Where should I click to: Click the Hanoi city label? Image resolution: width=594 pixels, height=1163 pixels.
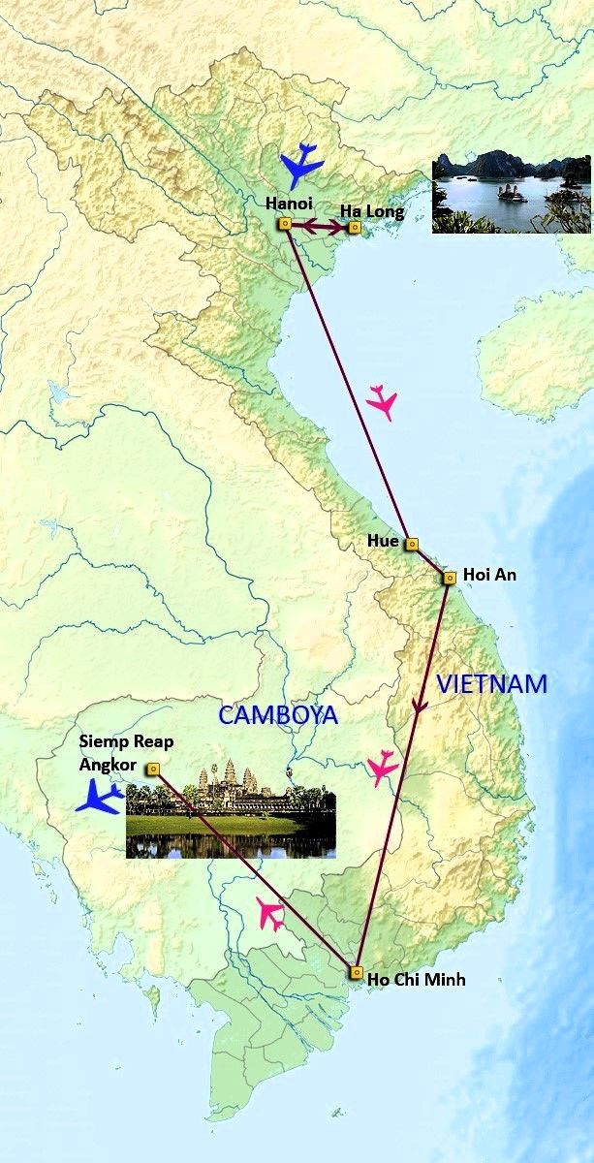tap(287, 204)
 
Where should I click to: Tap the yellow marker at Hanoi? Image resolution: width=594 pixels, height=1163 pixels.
tap(285, 224)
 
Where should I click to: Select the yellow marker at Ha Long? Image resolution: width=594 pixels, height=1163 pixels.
tap(355, 228)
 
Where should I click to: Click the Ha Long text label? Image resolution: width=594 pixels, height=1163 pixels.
tap(372, 210)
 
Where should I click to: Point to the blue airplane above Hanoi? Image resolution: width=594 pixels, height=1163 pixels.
tap(301, 166)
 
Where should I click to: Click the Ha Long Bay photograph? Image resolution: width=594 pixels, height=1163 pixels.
tap(511, 191)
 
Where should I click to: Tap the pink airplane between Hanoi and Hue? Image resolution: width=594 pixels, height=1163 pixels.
tap(384, 401)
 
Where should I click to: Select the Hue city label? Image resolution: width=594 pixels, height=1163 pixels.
tap(384, 541)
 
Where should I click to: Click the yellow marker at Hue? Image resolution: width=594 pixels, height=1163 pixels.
tap(411, 545)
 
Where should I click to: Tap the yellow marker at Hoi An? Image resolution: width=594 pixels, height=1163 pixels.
tap(450, 578)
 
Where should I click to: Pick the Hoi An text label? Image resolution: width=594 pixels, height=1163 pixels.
tap(490, 575)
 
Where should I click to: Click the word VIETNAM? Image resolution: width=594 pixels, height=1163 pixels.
tap(491, 683)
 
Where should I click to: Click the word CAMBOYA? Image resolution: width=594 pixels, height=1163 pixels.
tap(277, 715)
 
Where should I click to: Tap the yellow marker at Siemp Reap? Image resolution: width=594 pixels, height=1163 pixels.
tap(153, 769)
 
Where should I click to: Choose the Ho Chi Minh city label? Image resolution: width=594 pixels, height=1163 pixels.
tap(417, 980)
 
